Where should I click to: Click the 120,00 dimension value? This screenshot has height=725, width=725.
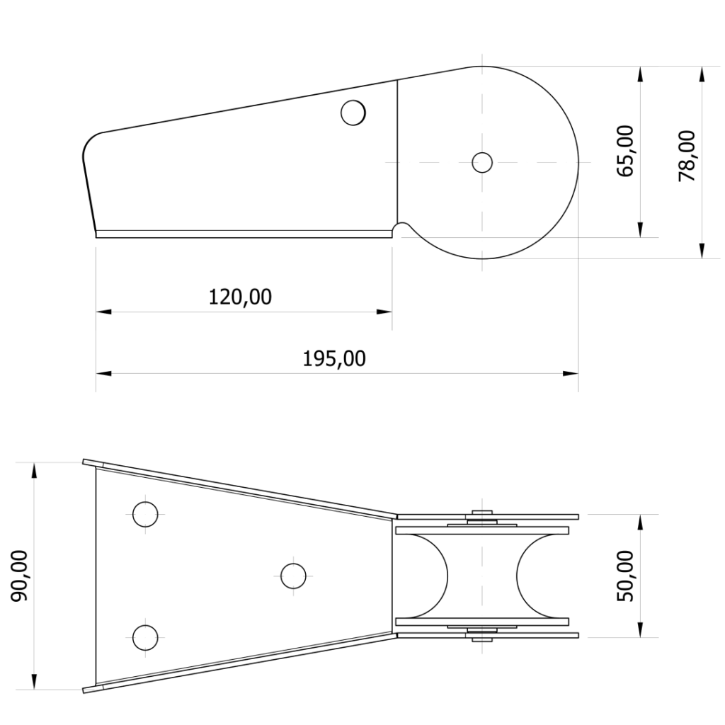(x=240, y=297)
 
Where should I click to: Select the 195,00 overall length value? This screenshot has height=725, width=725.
(x=334, y=359)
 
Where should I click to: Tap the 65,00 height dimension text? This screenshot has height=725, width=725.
(x=626, y=151)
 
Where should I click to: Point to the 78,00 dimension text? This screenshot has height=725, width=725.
(x=687, y=156)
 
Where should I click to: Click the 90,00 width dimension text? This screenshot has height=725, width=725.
(x=19, y=576)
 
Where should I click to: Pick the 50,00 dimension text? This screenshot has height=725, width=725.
(x=626, y=576)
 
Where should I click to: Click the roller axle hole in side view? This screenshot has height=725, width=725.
(x=482, y=162)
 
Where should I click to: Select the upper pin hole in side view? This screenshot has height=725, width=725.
(x=353, y=113)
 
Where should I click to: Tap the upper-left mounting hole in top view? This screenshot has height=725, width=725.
(x=145, y=514)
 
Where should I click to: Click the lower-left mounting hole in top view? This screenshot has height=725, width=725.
(x=145, y=638)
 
